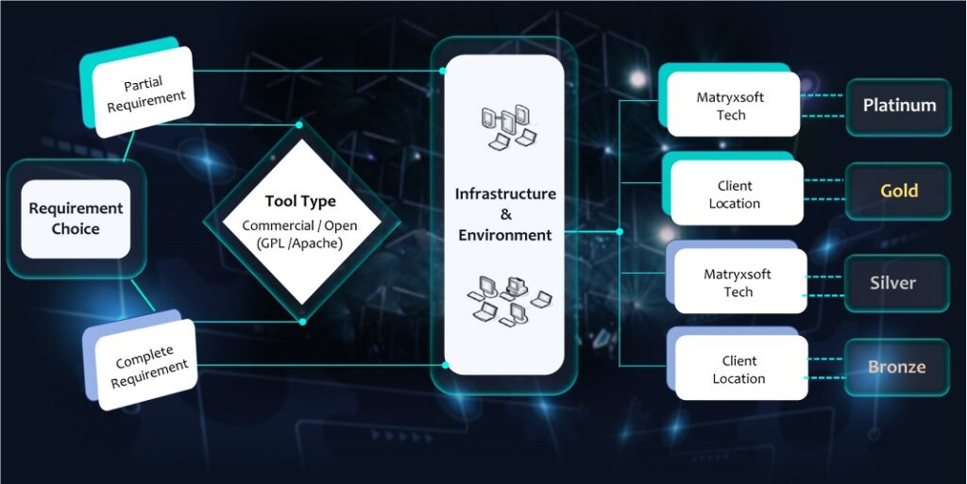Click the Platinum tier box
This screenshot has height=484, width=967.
pyautogui.click(x=898, y=106)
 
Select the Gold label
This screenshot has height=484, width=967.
pyautogui.click(x=898, y=191)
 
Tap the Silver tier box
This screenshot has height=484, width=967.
pyautogui.click(x=893, y=283)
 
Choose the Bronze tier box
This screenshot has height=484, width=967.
pyautogui.click(x=896, y=366)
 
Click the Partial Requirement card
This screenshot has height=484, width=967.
pyautogui.click(x=145, y=94)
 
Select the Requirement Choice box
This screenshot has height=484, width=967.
pyautogui.click(x=76, y=219)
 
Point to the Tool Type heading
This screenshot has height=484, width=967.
pyautogui.click(x=300, y=201)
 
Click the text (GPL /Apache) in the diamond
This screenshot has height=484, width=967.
pyautogui.click(x=299, y=242)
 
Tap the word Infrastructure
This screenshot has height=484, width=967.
pyautogui.click(x=505, y=194)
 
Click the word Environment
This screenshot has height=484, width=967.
pyautogui.click(x=505, y=234)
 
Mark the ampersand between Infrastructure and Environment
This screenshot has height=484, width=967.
pyautogui.click(x=505, y=214)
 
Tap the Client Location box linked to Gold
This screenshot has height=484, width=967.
pyautogui.click(x=734, y=194)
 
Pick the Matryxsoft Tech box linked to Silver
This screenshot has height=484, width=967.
pyautogui.click(x=738, y=283)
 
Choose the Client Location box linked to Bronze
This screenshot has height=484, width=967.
pyautogui.click(x=739, y=370)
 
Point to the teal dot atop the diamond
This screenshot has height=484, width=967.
pyautogui.click(x=300, y=124)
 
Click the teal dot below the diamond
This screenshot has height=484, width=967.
pyautogui.click(x=302, y=322)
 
